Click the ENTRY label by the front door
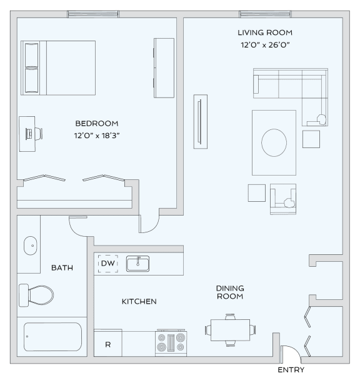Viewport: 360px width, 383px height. point(292,370)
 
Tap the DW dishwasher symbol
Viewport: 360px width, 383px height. point(107,264)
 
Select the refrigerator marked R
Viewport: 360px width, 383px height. point(107,344)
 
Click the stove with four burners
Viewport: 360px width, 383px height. point(171,343)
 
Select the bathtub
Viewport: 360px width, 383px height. point(52,337)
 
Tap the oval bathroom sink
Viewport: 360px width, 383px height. point(30,246)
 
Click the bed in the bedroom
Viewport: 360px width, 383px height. point(58,67)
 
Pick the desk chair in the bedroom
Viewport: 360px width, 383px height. point(36,132)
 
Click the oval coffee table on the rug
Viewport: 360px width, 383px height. point(274,142)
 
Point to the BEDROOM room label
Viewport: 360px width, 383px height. point(96,124)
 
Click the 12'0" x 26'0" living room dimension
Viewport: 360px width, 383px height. point(264,45)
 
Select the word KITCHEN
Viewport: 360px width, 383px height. point(139,302)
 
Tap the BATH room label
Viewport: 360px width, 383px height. point(62,268)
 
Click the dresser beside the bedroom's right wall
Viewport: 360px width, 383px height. point(164,67)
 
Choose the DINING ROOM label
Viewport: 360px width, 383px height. point(229,292)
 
